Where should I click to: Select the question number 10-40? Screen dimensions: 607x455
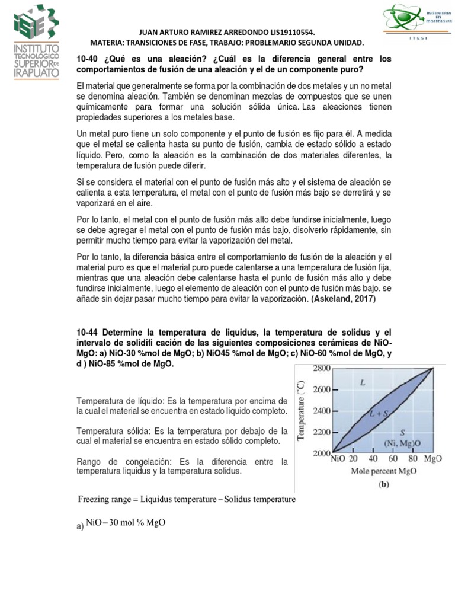pyautogui.click(x=89, y=59)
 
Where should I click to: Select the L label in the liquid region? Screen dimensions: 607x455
pyautogui.click(x=362, y=384)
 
